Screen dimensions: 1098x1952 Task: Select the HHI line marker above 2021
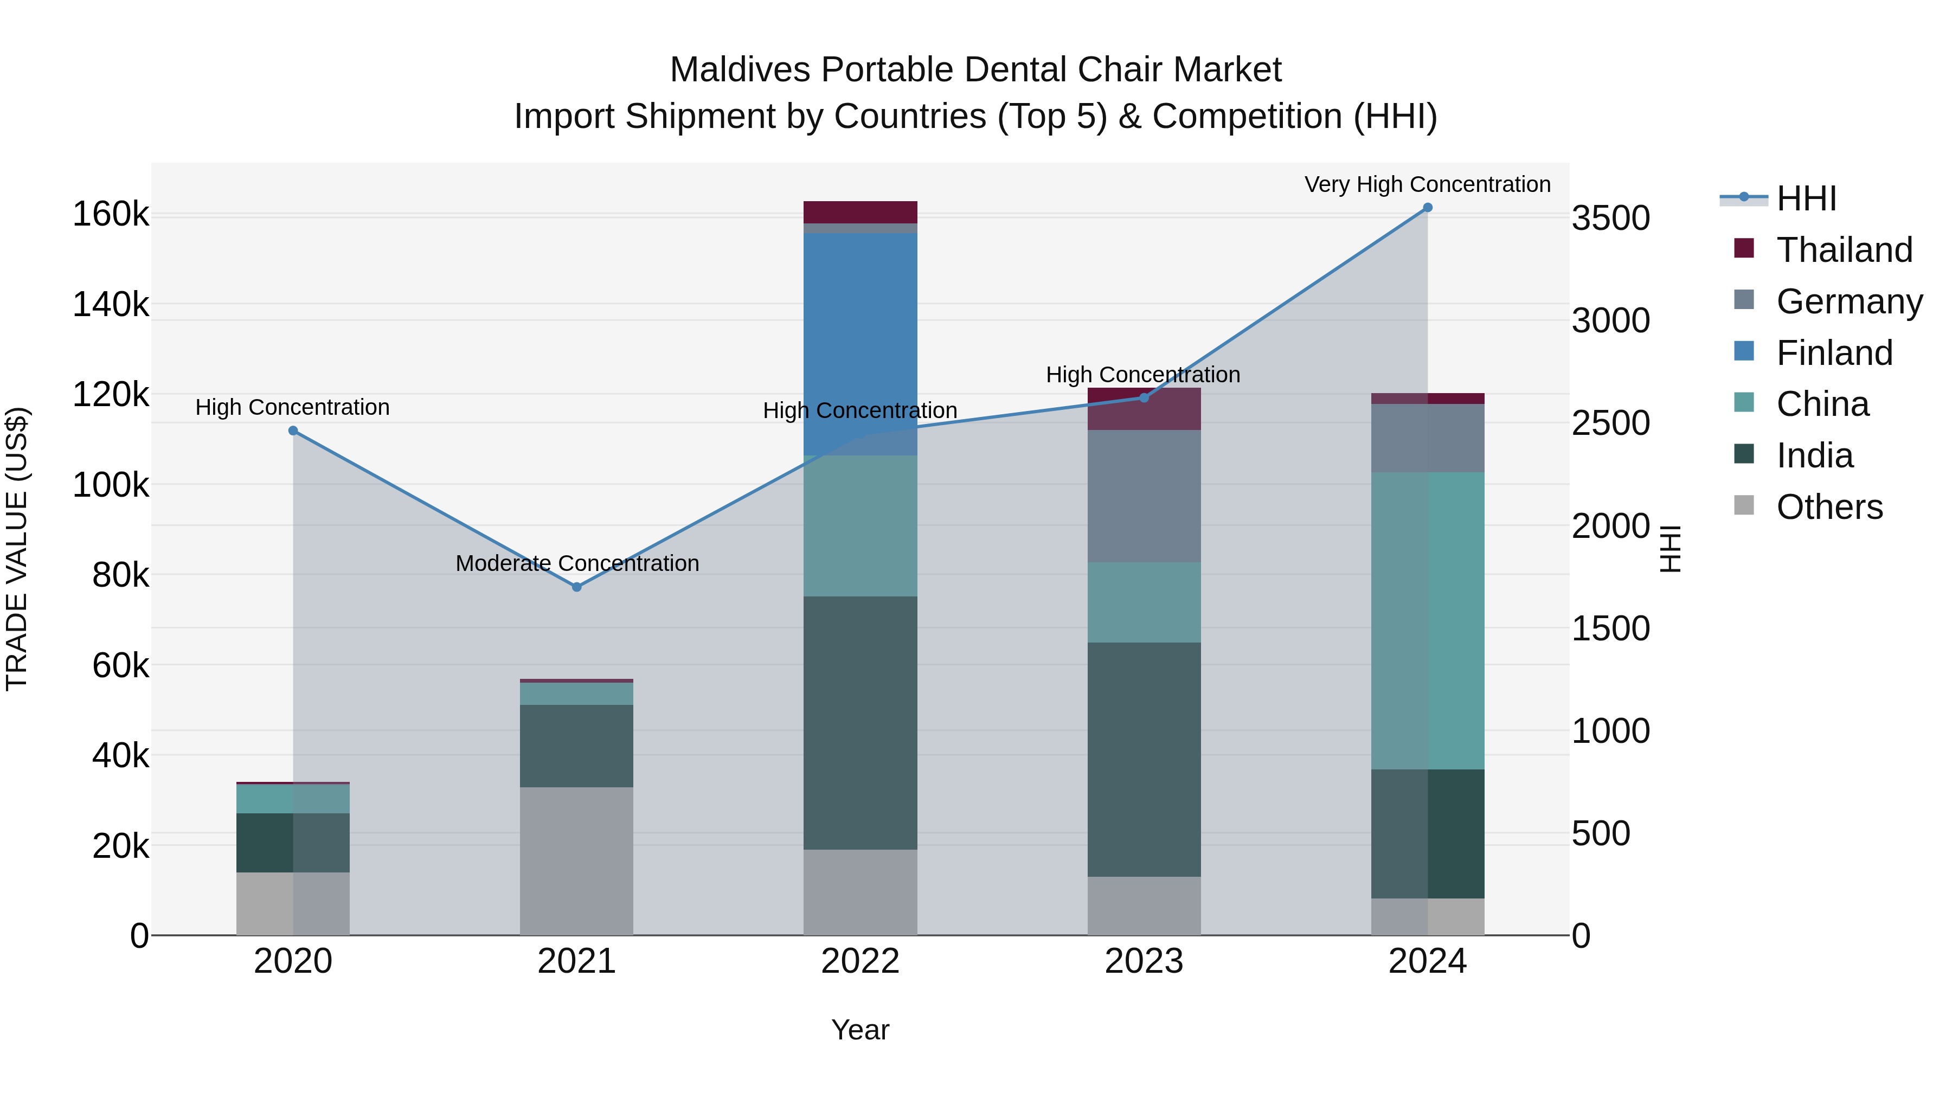[x=577, y=587]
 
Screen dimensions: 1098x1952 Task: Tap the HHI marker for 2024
[x=1428, y=208]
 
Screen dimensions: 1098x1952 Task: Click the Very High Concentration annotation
[x=1427, y=184]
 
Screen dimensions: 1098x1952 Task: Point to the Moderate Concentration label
[x=577, y=563]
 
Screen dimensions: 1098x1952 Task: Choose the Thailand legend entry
[x=1843, y=250]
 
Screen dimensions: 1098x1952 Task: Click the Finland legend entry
[x=1834, y=353]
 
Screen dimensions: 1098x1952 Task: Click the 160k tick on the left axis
[x=111, y=214]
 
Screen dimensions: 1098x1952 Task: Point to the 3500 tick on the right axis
[x=1610, y=218]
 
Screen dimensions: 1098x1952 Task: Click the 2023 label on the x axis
[x=1144, y=961]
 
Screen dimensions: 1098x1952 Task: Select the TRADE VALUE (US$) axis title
[x=17, y=549]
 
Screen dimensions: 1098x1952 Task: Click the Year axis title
[x=860, y=1030]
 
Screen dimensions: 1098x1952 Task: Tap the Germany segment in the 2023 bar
[x=1144, y=496]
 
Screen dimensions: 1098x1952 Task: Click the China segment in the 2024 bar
[x=1428, y=621]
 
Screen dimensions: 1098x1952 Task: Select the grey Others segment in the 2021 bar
[x=577, y=861]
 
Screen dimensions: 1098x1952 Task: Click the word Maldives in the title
[x=739, y=70]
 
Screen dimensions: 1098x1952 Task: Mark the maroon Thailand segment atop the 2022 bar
[x=860, y=212]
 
